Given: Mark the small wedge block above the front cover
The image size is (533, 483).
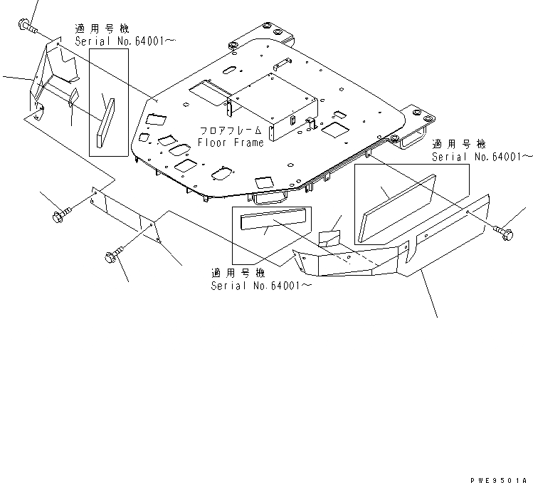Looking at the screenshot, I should click(x=329, y=238).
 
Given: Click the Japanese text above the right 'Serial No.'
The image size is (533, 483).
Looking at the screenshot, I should click(x=459, y=143).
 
